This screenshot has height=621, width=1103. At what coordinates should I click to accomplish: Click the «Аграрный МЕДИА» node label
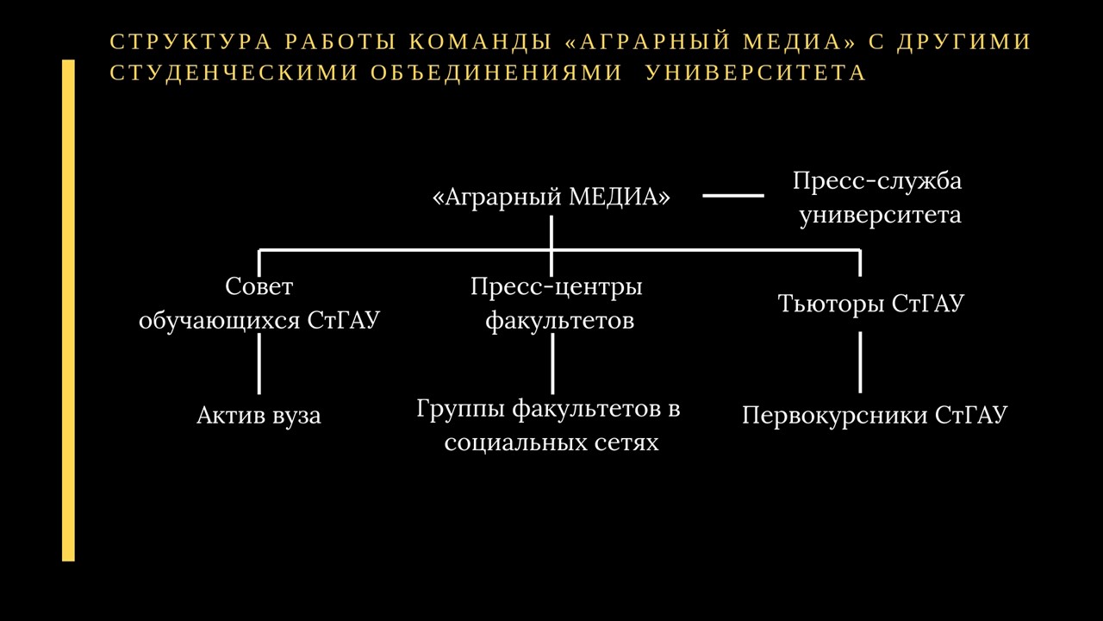click(x=551, y=198)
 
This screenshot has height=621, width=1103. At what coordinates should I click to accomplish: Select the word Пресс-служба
click(x=877, y=181)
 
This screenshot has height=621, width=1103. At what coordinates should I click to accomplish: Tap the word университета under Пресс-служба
click(x=880, y=216)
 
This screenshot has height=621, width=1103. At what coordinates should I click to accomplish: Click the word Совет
click(x=259, y=285)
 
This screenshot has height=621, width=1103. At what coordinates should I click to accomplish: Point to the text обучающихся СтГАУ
click(x=259, y=320)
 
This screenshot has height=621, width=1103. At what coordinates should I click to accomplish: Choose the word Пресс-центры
click(x=557, y=287)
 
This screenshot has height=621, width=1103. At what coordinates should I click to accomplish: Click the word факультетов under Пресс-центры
click(x=560, y=321)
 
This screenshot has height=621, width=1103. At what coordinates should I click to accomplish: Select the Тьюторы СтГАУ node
click(x=870, y=303)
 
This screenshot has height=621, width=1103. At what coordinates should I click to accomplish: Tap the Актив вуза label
click(x=259, y=416)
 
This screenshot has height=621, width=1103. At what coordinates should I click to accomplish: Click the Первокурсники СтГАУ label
click(x=875, y=415)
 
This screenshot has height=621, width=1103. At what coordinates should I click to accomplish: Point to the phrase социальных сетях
click(x=551, y=442)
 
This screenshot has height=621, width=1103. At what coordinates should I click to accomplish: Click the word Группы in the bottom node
click(x=461, y=409)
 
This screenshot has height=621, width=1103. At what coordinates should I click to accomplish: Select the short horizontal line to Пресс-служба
click(x=733, y=196)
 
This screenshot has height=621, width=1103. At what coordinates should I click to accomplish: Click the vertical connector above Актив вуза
click(x=259, y=364)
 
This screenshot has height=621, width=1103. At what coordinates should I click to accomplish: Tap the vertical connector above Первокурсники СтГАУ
click(x=860, y=362)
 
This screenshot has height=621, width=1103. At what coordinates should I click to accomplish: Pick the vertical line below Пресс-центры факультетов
click(x=552, y=364)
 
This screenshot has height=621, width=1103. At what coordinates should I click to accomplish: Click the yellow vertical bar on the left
click(x=68, y=310)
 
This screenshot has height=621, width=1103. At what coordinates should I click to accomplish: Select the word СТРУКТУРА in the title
click(x=190, y=41)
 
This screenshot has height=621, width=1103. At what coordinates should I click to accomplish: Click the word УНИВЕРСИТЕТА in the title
click(x=756, y=72)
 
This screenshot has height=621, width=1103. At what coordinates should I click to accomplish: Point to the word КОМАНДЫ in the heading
click(x=480, y=41)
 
